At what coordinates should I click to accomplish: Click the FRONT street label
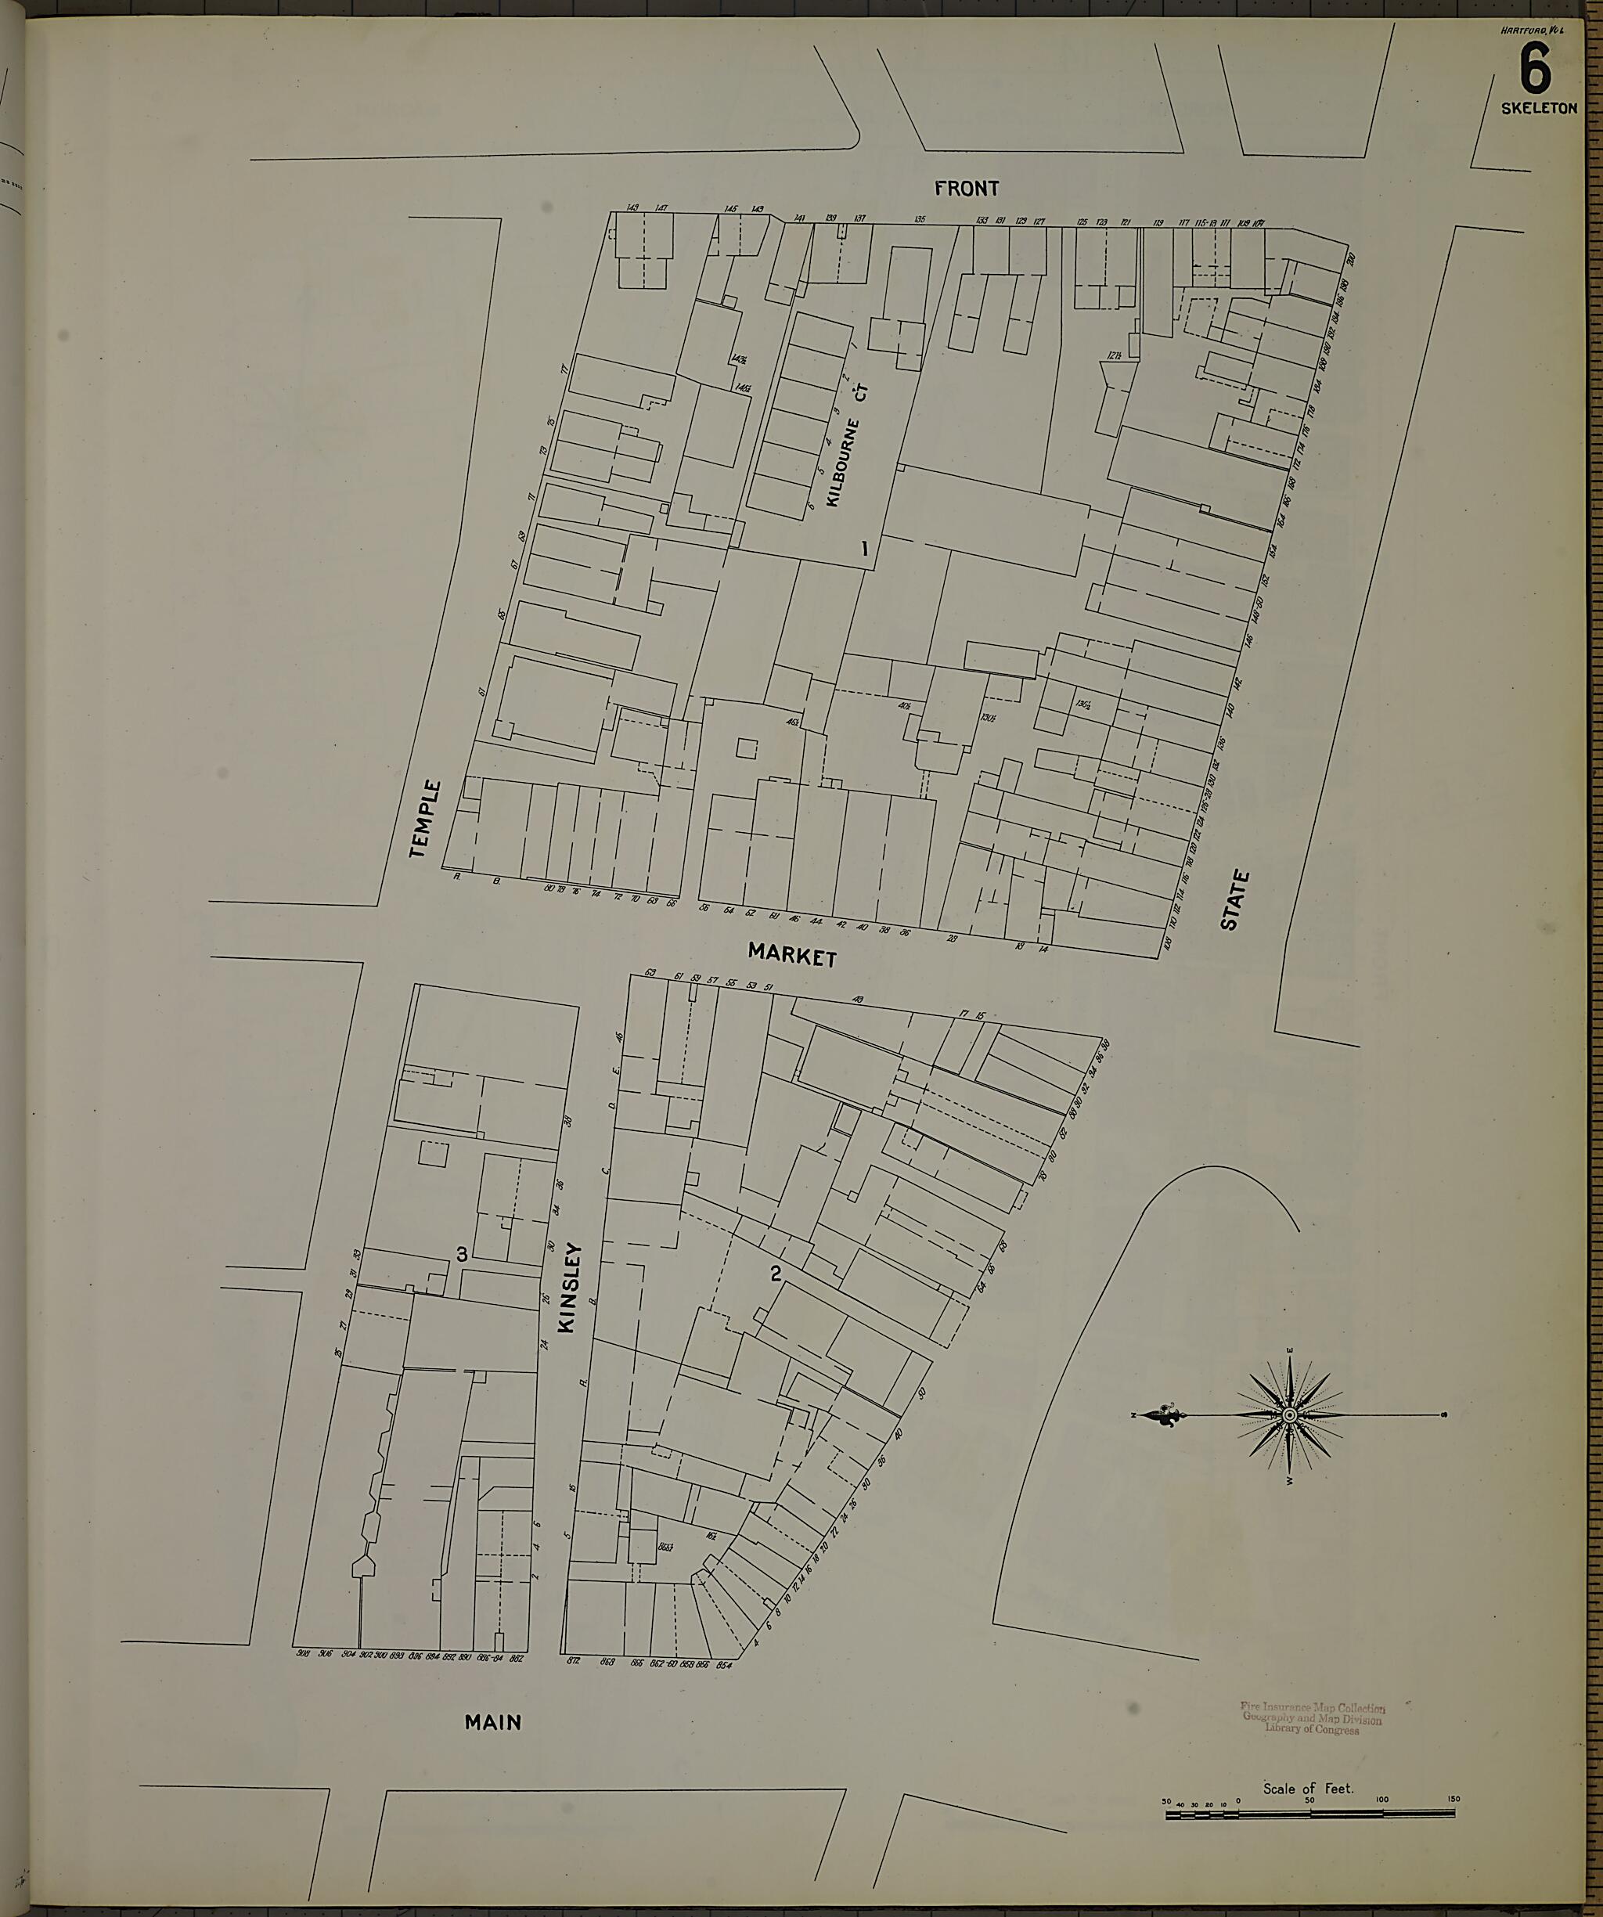coord(967,188)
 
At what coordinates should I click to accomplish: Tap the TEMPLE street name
coord(425,819)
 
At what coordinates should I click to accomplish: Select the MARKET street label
coord(791,956)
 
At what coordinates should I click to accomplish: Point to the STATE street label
coord(1234,900)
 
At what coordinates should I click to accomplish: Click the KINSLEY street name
coord(569,1288)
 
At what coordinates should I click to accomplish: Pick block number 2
coord(776,1274)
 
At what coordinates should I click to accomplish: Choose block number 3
coord(462,1256)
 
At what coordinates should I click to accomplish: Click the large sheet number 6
coord(1536,70)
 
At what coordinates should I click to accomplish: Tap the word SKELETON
coord(1539,108)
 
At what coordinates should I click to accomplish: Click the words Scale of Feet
coord(1308,1789)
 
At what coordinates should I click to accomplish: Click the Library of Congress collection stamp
coord(1312,1718)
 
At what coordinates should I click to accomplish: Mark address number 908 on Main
coord(304,1653)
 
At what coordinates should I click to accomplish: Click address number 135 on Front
coord(919,220)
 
